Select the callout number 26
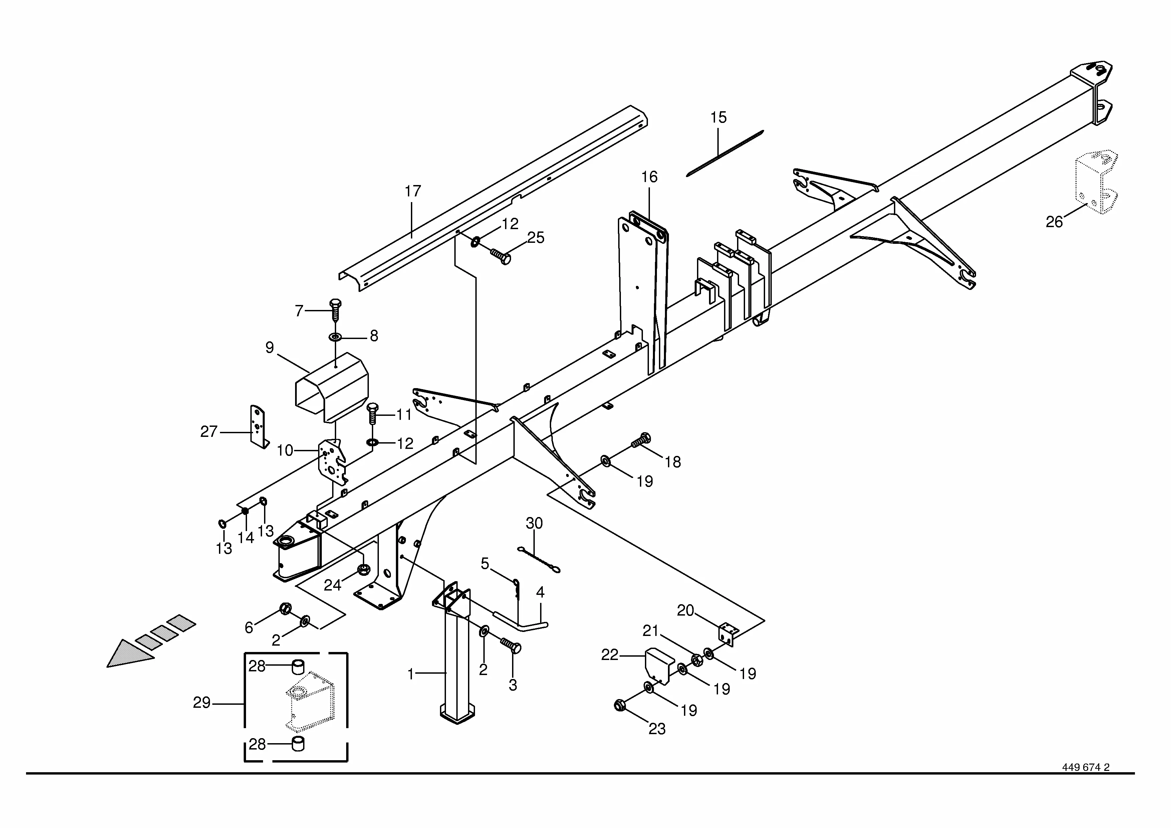click(1054, 222)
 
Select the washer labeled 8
click(335, 337)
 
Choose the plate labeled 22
click(660, 666)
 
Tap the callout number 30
click(534, 523)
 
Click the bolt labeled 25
click(501, 256)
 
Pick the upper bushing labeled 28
click(297, 666)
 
